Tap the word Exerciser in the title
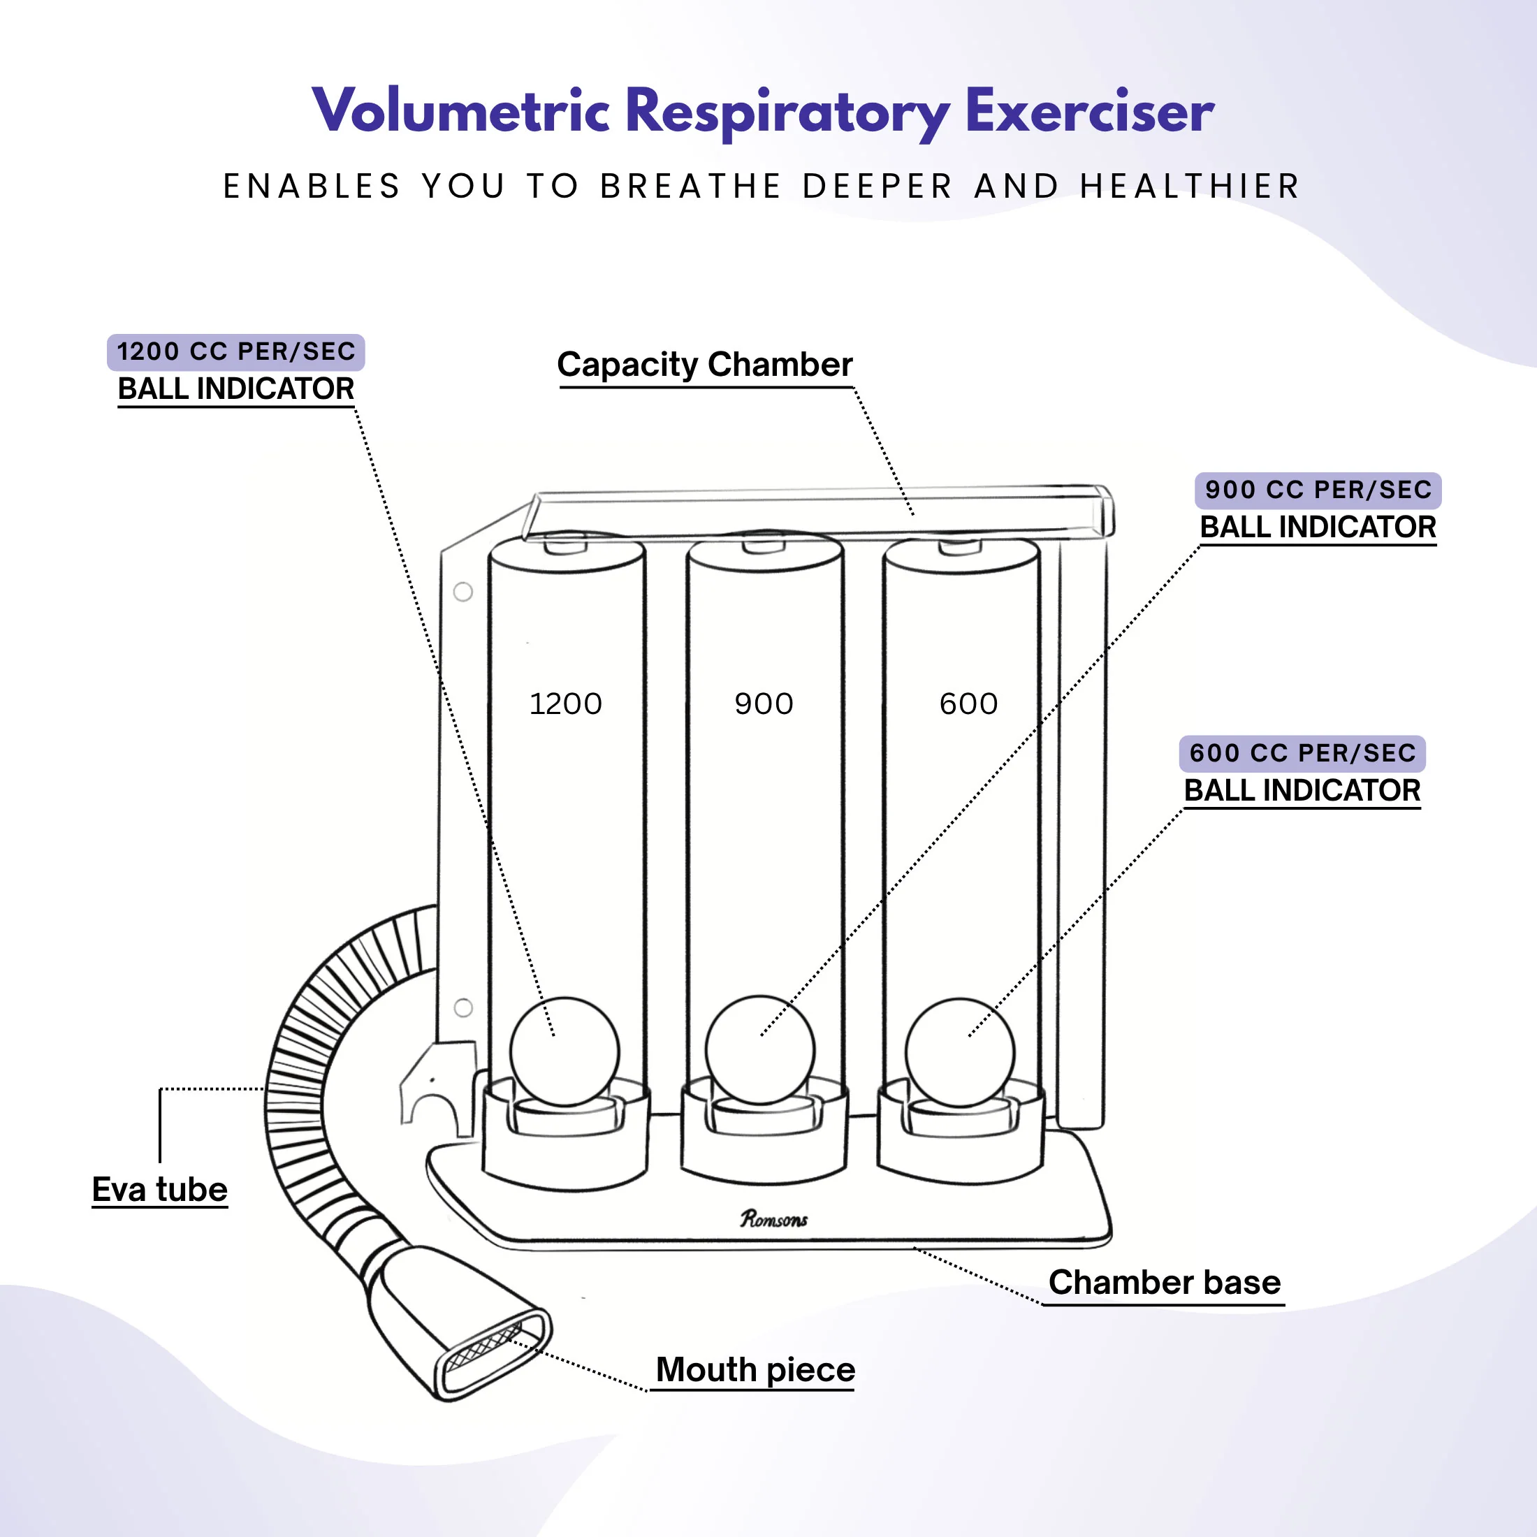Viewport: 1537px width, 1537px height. pyautogui.click(x=1089, y=111)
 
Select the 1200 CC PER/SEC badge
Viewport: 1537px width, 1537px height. pyautogui.click(x=235, y=351)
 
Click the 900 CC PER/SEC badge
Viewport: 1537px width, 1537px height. pyautogui.click(x=1318, y=490)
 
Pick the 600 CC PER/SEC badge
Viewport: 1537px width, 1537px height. pyautogui.click(x=1302, y=753)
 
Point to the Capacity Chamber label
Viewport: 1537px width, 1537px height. pyautogui.click(x=705, y=365)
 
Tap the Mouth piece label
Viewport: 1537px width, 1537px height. pyautogui.click(x=755, y=1370)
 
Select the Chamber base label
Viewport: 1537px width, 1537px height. pyautogui.click(x=1164, y=1283)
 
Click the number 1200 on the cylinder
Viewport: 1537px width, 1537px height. pyautogui.click(x=566, y=704)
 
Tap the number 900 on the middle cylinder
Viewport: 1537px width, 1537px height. pyautogui.click(x=764, y=704)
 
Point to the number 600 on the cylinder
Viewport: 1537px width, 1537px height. pyautogui.click(x=968, y=704)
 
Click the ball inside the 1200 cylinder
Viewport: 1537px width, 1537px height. pyautogui.click(x=564, y=1051)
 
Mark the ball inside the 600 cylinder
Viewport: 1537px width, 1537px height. pyautogui.click(x=959, y=1053)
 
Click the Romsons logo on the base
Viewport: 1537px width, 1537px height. pyautogui.click(x=773, y=1219)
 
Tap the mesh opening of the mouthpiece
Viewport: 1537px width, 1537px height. pyautogui.click(x=484, y=1347)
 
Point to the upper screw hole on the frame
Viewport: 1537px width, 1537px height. pyautogui.click(x=463, y=592)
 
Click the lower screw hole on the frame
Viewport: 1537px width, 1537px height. pyautogui.click(x=463, y=1007)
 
